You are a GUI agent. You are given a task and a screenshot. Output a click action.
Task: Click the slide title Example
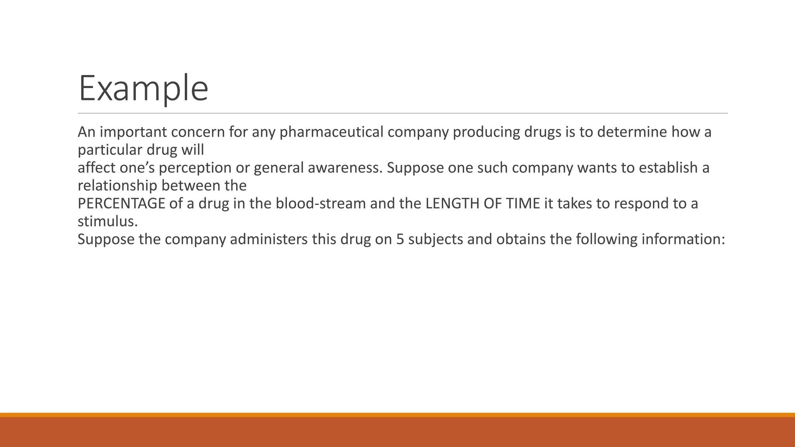click(x=143, y=88)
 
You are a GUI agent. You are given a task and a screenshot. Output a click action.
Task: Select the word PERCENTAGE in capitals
click(x=122, y=204)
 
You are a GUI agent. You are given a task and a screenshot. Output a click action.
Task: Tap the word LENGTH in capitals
click(x=452, y=204)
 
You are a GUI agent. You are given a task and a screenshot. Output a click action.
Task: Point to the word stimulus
click(x=107, y=222)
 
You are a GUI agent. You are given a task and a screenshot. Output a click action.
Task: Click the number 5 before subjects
click(x=400, y=239)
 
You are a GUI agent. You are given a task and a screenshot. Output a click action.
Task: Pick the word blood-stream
click(x=321, y=204)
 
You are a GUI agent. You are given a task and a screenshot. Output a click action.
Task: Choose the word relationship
click(x=117, y=186)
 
